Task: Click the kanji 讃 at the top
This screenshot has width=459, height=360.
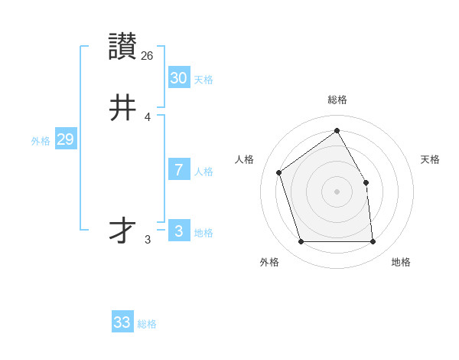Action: click(123, 47)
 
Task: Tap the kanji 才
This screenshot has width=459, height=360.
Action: click(123, 231)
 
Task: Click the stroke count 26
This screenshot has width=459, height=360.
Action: click(148, 55)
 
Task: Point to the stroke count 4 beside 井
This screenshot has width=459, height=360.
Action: click(148, 116)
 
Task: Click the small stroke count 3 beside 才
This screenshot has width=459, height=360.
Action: click(148, 240)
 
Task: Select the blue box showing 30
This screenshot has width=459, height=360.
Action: click(179, 78)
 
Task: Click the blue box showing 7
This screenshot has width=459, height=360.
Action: click(179, 170)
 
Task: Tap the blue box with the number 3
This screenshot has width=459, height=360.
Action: click(179, 231)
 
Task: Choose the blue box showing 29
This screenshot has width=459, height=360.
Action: click(65, 139)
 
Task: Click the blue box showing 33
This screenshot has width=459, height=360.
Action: click(122, 322)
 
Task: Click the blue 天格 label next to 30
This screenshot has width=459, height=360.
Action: click(203, 80)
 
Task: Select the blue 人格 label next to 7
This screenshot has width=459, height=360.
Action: click(203, 172)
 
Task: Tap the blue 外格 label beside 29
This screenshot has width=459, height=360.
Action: click(41, 141)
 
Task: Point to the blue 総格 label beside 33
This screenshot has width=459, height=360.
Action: click(147, 324)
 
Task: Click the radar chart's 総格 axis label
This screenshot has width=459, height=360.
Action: click(337, 100)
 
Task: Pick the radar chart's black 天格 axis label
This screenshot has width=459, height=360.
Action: click(430, 159)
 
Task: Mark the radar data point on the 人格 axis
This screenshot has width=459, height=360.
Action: click(279, 172)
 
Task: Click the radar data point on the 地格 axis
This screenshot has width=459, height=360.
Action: click(373, 241)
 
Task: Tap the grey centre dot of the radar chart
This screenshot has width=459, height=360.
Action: click(337, 191)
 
